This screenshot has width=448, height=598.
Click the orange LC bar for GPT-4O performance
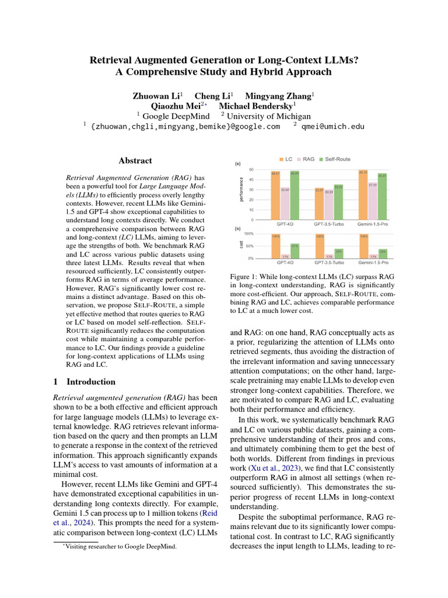(x=275, y=196)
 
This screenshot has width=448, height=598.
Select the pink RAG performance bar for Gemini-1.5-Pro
(x=373, y=202)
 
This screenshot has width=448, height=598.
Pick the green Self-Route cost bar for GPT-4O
(x=295, y=251)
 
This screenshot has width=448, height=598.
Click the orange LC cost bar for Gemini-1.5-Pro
(x=363, y=246)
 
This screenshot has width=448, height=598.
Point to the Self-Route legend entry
(x=334, y=159)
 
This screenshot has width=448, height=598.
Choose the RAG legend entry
(x=306, y=159)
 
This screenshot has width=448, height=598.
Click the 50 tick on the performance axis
(x=251, y=169)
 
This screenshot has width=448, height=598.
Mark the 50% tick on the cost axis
(x=249, y=246)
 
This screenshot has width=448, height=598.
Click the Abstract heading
(x=135, y=161)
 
